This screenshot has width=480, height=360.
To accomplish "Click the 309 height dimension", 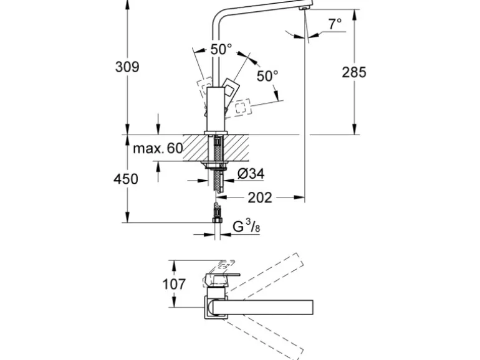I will pos(127,67).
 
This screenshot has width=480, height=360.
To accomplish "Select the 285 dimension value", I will pos(354,72).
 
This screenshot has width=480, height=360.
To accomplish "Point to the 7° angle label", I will pos(335,24).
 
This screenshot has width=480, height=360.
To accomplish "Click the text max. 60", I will pos(158,149).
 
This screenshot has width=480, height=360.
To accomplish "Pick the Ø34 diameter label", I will pos(251,174).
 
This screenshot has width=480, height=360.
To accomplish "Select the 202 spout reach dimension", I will pos(260,197).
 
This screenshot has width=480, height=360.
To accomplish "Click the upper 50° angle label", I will pos(220,49).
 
